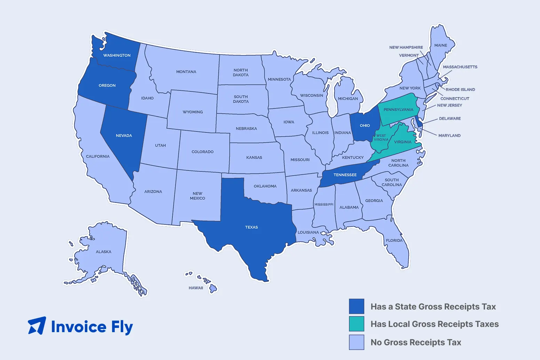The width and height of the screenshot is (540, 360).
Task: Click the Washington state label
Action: pos(117,55)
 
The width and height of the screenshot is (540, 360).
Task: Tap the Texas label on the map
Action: pos(251,227)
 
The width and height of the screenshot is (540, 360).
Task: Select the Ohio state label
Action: pos(365,126)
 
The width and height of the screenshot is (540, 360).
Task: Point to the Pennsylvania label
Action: pos(398,110)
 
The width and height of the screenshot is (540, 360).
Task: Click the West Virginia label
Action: pos(381,138)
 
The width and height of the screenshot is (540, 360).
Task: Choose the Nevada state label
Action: pos(124,136)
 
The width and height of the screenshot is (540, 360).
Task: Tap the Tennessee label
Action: pos(345,175)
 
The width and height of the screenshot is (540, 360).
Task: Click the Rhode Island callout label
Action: pos(460,89)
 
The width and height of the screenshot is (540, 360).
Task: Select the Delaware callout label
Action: pos(450,119)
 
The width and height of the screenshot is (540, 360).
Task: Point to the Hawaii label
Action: pos(196,288)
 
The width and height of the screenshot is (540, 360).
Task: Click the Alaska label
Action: pos(104,252)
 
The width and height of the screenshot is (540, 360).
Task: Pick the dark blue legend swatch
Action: pos(357,306)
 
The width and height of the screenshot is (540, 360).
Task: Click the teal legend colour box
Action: pos(357,324)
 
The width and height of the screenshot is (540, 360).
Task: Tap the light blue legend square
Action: pos(357,342)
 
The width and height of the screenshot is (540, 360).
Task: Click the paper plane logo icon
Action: pos(37,326)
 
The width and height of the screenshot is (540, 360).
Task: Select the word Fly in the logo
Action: pos(122,327)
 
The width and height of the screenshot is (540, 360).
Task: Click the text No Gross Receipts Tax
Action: pos(416,343)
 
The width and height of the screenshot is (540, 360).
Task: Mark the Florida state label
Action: pos(394,241)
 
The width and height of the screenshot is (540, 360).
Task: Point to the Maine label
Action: pos(440,46)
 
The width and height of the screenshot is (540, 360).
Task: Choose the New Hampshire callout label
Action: pos(406,47)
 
